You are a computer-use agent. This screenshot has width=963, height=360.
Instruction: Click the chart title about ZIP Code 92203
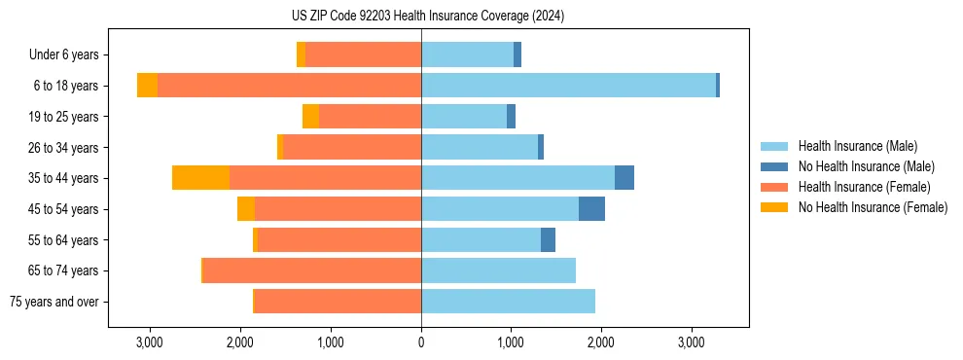click(421, 17)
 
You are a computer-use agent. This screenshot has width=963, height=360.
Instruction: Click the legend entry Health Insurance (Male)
click(857, 146)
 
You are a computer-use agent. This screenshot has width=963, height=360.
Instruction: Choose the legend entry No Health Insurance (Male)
click(866, 166)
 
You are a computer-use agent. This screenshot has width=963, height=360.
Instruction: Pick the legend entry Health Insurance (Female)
click(864, 187)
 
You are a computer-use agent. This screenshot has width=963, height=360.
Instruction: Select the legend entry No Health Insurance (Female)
click(873, 207)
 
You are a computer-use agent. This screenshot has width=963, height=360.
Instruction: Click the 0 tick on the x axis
click(421, 342)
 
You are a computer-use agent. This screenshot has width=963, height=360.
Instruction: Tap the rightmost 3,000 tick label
click(691, 342)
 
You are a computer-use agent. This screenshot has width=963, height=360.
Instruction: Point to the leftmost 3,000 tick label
click(150, 342)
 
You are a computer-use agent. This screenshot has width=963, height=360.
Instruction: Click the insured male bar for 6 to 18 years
click(568, 86)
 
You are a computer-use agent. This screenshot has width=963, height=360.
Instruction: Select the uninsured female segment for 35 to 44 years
click(200, 178)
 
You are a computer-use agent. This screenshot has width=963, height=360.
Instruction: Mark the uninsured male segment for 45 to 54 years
click(591, 209)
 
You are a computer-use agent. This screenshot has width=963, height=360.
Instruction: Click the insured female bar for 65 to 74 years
click(311, 270)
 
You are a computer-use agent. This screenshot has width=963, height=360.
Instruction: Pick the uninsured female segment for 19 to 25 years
click(310, 117)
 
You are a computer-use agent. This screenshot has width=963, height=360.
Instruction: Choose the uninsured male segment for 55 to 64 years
click(548, 239)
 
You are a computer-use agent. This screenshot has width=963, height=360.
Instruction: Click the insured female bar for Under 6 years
click(363, 55)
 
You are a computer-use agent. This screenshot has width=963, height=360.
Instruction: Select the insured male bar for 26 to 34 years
click(480, 148)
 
